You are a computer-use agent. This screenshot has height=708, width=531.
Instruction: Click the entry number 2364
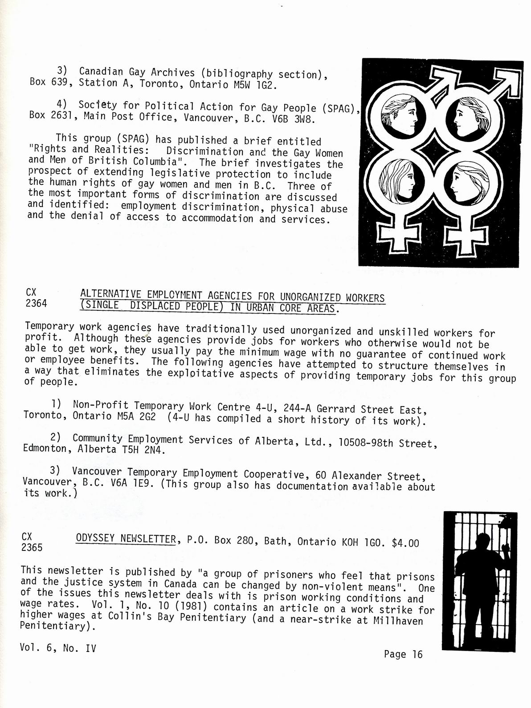click(37, 304)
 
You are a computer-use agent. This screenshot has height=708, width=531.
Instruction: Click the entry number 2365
click(32, 547)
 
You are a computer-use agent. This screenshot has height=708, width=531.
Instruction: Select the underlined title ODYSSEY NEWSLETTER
click(126, 539)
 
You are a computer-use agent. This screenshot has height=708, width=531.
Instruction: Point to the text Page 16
click(403, 654)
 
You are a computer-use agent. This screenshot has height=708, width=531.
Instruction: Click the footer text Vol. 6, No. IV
click(58, 648)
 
